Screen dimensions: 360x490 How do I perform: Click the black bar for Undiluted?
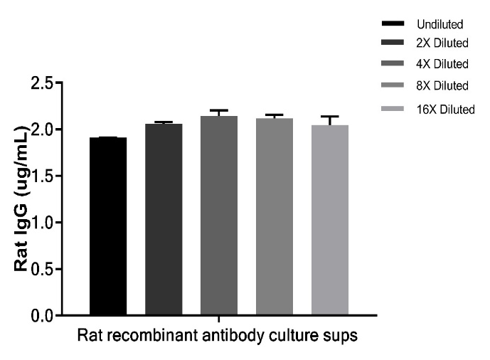click(x=108, y=226)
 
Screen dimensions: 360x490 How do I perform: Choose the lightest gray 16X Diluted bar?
click(x=330, y=220)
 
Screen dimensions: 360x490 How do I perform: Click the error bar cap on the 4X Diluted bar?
click(x=219, y=110)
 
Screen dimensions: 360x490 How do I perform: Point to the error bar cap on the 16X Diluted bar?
click(x=330, y=116)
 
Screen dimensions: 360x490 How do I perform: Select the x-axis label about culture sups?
click(x=219, y=334)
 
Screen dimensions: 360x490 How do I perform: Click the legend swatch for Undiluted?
click(x=394, y=25)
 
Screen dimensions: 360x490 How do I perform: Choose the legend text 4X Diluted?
click(x=442, y=65)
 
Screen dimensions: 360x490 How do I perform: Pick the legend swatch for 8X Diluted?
click(x=394, y=86)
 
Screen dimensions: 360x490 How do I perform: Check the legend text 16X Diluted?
click(x=445, y=109)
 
